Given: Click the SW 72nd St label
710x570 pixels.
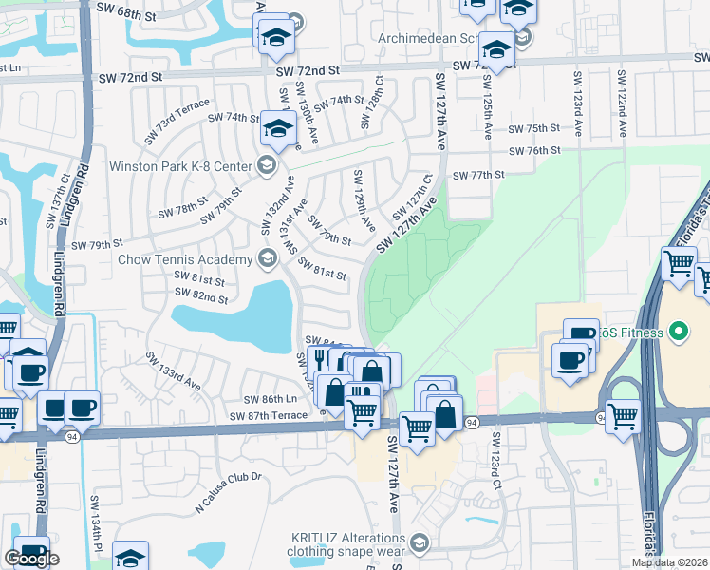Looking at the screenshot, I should (x=308, y=70).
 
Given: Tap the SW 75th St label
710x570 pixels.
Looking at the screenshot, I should (x=534, y=128).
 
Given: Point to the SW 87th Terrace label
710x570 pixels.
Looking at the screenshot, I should (x=269, y=416).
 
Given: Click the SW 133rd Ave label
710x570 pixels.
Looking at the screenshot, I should (x=173, y=371).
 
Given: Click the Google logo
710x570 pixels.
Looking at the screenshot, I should (x=31, y=560).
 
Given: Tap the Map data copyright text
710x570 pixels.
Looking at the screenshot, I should (x=670, y=562).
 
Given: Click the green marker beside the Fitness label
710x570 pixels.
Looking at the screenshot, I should (x=678, y=332).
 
